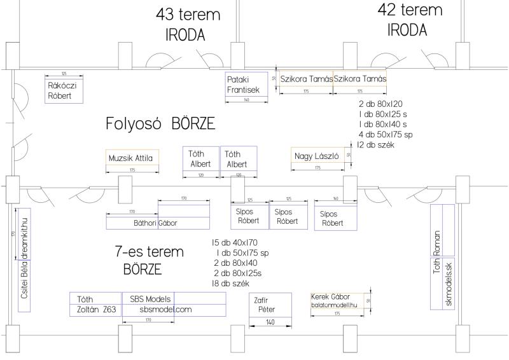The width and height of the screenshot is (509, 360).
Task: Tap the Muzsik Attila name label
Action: tap(132, 157)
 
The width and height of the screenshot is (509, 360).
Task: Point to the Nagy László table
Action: tap(316, 156)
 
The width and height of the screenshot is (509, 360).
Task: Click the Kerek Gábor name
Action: tap(330, 297)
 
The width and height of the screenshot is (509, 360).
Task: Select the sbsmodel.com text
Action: tap(165, 310)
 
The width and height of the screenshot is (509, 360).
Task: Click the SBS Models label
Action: tap(150, 298)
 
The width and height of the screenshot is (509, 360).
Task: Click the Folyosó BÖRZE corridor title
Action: tap(160, 123)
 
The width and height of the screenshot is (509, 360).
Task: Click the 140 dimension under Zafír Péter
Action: tap(270, 323)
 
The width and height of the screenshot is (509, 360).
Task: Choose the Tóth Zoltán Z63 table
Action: tap(95, 304)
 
